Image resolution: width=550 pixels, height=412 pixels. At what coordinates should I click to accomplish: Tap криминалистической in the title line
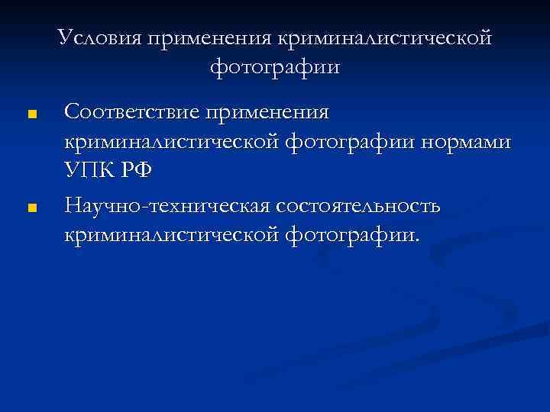tap(386, 37)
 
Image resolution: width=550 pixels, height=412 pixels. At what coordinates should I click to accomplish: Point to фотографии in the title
tap(274, 67)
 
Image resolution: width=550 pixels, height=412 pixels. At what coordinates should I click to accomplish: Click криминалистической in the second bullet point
tap(173, 234)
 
